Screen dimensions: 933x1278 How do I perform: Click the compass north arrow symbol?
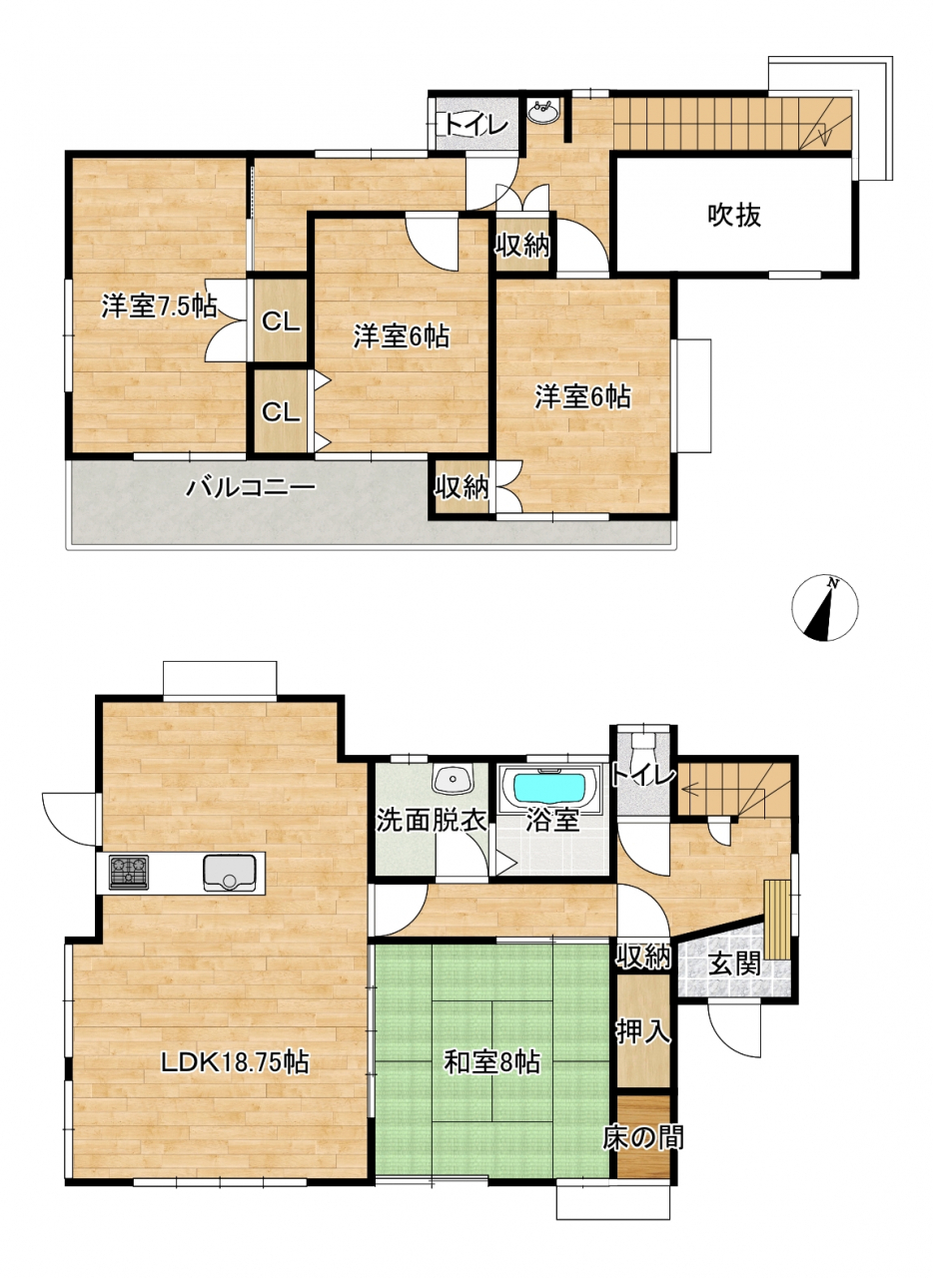[x=824, y=608]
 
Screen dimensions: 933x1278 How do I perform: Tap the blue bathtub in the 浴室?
[x=549, y=788]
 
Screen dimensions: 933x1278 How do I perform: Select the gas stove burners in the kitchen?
[x=129, y=873]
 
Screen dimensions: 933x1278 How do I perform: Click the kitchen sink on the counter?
[x=230, y=873]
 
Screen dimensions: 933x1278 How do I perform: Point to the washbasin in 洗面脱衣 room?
[x=454, y=780]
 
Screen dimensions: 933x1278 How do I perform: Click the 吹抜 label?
[x=734, y=216]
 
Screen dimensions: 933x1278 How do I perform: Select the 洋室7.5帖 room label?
[x=159, y=307]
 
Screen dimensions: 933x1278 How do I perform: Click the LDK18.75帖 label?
[x=234, y=1062]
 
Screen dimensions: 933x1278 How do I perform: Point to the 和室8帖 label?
[x=492, y=1062]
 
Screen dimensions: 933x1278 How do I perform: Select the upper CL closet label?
[x=281, y=322]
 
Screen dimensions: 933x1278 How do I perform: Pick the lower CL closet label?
[x=281, y=412]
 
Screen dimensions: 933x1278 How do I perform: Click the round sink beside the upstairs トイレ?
[x=544, y=112]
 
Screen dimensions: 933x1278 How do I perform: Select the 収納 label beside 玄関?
[x=643, y=957]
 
